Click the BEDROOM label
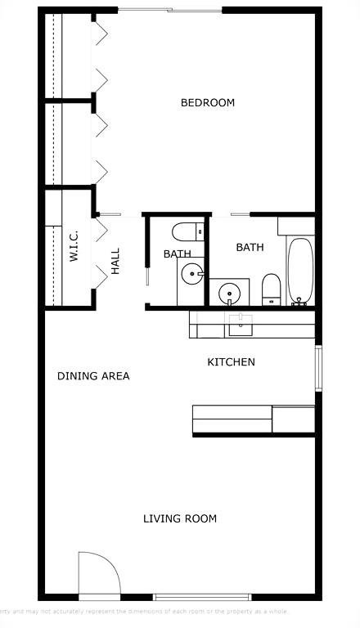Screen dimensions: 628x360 [207, 103]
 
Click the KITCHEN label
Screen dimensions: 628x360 [231, 362]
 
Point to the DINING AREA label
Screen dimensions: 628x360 [93, 376]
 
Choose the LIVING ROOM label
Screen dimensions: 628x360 [180, 518]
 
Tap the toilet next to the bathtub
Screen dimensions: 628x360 [272, 289]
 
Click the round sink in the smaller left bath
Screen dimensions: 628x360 [192, 274]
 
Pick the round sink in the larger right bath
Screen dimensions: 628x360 [232, 291]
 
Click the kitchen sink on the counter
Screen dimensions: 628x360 [241, 325]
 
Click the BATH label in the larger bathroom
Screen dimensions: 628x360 [250, 247]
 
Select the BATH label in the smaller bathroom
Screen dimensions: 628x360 [177, 254]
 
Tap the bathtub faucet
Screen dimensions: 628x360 [299, 300]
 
